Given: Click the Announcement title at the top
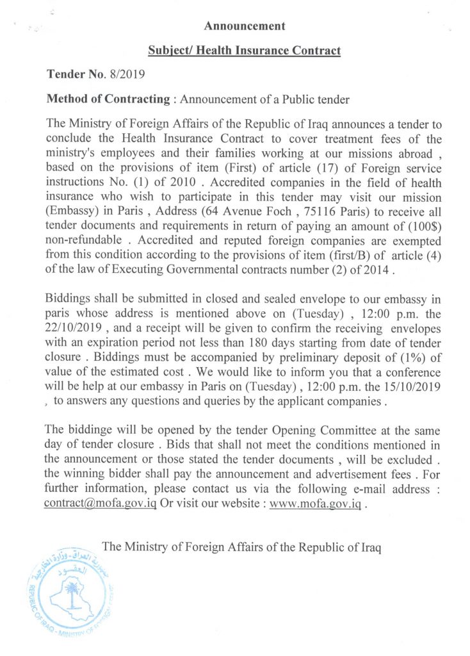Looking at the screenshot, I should [245, 26].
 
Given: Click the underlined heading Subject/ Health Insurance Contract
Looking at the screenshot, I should [244, 50].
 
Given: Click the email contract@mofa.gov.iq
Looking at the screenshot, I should [101, 504].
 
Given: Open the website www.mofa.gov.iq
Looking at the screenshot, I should [316, 504].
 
